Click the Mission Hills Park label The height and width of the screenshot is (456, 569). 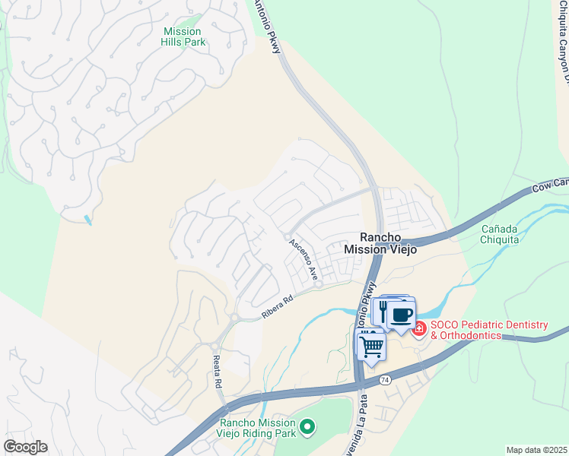click(183, 36)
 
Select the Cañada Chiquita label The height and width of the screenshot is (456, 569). click(500, 234)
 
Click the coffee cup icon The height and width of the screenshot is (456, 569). click(402, 314)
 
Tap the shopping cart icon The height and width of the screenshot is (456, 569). click(371, 346)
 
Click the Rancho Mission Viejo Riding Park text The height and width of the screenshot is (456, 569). click(257, 429)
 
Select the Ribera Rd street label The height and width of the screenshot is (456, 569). click(278, 306)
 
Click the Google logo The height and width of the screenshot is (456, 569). click(25, 447)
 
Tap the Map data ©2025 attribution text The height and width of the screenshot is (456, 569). click(536, 450)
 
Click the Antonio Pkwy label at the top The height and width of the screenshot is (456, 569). click(268, 24)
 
